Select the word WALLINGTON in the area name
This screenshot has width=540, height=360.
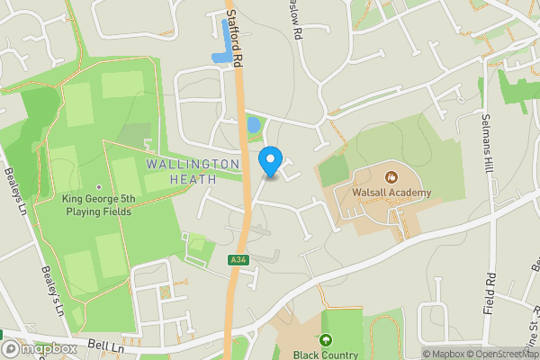(192, 165)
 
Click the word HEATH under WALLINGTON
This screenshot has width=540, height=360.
(193, 178)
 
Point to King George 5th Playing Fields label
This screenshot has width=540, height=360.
(96, 205)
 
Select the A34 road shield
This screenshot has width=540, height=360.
(238, 260)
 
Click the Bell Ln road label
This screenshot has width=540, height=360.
(105, 346)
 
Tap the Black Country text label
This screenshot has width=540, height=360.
(326, 354)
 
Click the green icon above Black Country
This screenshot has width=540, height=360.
(326, 340)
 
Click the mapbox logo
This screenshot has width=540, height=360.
(40, 348)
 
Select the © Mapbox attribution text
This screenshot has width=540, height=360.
(442, 354)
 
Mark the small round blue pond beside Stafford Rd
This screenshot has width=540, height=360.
(253, 124)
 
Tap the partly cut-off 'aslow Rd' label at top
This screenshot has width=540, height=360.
(293, 20)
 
